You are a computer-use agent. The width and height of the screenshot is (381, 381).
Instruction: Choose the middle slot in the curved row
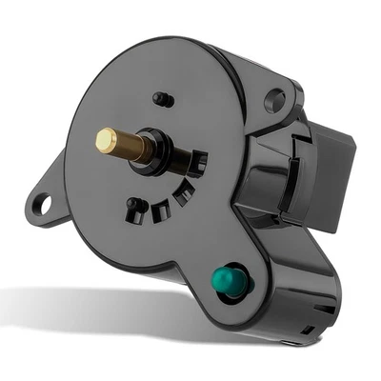pos(180,191)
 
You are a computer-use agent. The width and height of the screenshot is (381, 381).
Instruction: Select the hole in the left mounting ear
pos(42,202)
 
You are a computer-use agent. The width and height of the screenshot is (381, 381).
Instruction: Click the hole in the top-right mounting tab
pos(275,97)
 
